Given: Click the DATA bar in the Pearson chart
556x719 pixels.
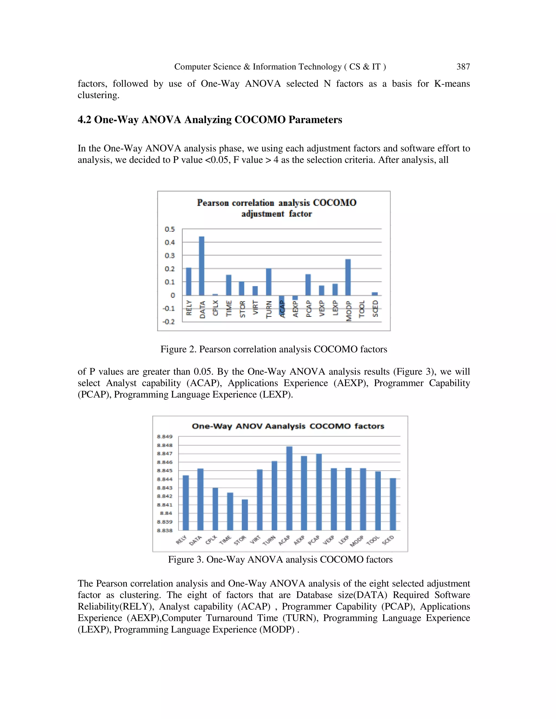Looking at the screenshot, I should point(202,266).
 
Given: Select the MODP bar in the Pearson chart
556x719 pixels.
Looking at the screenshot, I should point(348,277).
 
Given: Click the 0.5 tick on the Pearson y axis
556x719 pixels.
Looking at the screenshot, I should point(170,229).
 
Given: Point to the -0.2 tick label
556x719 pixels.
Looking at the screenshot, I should point(168,322).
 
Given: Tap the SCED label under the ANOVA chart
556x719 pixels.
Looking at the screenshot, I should point(388,540).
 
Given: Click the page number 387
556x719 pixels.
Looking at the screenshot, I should point(463,67).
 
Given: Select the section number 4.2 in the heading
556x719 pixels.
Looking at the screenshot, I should point(84,119).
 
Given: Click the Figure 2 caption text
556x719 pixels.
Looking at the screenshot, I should point(273,349).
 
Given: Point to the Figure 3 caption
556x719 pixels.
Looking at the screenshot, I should point(280,559).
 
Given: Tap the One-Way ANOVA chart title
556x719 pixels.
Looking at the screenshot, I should point(288,426).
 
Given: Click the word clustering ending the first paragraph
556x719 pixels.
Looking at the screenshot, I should point(98,95).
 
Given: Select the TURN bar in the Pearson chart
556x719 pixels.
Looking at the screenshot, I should point(268,282).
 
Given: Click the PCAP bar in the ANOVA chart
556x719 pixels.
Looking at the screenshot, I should point(318,492).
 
